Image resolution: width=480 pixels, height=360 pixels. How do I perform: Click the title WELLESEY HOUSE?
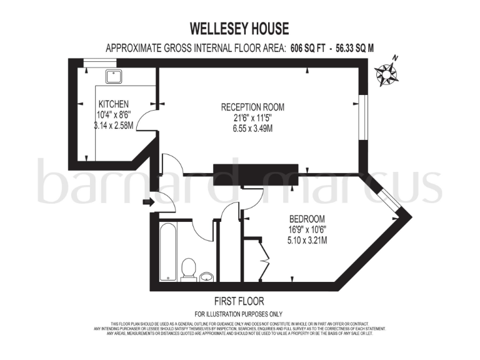(x=239, y=29)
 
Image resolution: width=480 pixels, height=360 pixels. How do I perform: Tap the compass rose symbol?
(x=387, y=74)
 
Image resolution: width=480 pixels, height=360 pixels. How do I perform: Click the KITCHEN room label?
(x=113, y=104)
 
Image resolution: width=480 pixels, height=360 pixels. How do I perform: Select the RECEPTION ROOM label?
(x=248, y=106)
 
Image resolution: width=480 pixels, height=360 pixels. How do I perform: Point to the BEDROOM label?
(x=306, y=219)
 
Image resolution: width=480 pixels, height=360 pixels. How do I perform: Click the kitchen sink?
(x=114, y=76)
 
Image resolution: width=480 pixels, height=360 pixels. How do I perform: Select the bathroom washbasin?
(x=207, y=275)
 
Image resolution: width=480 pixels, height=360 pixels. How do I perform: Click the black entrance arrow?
(x=147, y=201)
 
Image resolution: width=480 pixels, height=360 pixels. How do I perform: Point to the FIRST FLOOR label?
(x=239, y=300)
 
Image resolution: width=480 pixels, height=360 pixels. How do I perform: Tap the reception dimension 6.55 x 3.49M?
(x=248, y=129)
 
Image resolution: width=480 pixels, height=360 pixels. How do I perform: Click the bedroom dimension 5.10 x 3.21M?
(x=306, y=240)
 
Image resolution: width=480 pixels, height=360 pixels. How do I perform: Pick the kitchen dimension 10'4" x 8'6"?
(x=113, y=114)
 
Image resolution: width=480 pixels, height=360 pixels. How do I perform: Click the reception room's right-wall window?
(x=362, y=116)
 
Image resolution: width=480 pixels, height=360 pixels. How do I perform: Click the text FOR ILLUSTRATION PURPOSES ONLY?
(x=239, y=314)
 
